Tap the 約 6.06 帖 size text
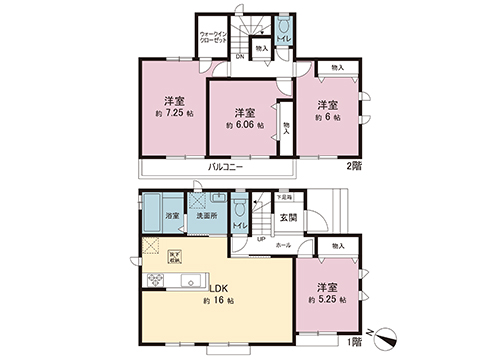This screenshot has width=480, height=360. (x=244, y=126)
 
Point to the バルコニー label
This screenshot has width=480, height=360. (x=227, y=166)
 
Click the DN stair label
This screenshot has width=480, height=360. (x=240, y=55)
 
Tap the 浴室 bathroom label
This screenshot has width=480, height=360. (x=171, y=215)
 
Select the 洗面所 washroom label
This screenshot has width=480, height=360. (x=205, y=215)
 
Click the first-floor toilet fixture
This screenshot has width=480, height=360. (x=240, y=209)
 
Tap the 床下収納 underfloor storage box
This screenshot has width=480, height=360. (x=174, y=255)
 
